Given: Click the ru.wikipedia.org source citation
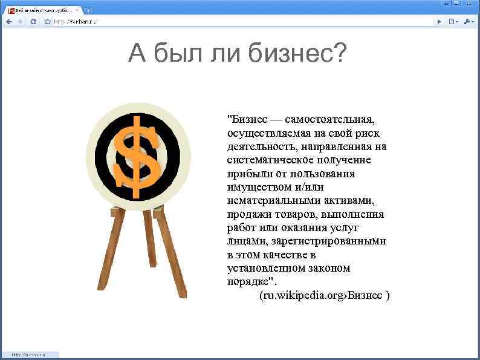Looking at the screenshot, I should (x=324, y=295).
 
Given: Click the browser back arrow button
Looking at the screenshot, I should (x=8, y=21).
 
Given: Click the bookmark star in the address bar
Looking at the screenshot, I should (x=47, y=21).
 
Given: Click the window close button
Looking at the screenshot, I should (x=469, y=4).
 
